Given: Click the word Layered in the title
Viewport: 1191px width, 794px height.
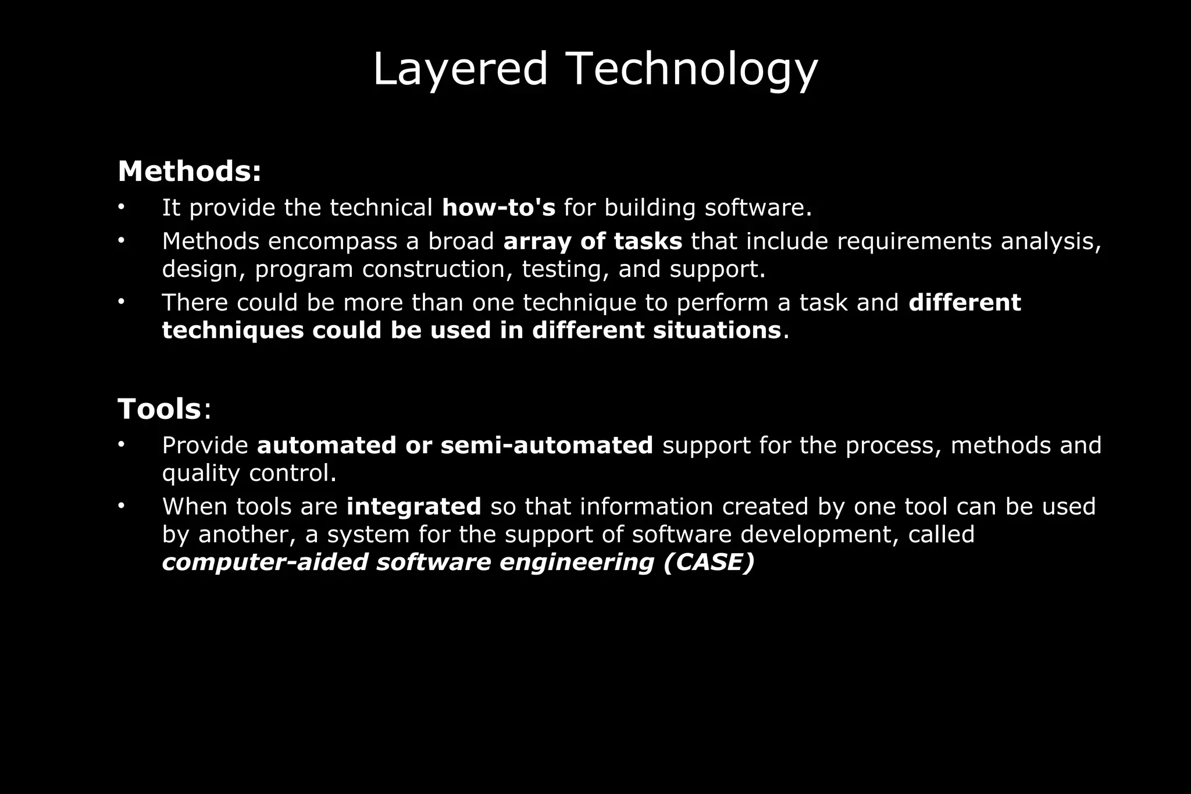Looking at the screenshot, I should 460,70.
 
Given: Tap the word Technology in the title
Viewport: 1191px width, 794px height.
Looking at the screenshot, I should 691,70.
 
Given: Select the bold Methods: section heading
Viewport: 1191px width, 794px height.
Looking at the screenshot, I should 190,172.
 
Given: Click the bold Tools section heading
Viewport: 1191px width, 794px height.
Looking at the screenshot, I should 159,408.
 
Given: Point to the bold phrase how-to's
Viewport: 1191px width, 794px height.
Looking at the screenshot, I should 498,208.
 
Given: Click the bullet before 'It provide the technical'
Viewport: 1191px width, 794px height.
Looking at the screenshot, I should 121,206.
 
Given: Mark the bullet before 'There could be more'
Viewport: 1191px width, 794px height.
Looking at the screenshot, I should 121,301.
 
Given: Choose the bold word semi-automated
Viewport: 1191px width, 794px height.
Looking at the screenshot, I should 547,446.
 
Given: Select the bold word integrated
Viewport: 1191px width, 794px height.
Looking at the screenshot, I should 413,507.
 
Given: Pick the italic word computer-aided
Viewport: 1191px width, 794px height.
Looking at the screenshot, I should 265,562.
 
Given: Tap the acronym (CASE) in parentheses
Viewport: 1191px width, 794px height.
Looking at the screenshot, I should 708,562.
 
